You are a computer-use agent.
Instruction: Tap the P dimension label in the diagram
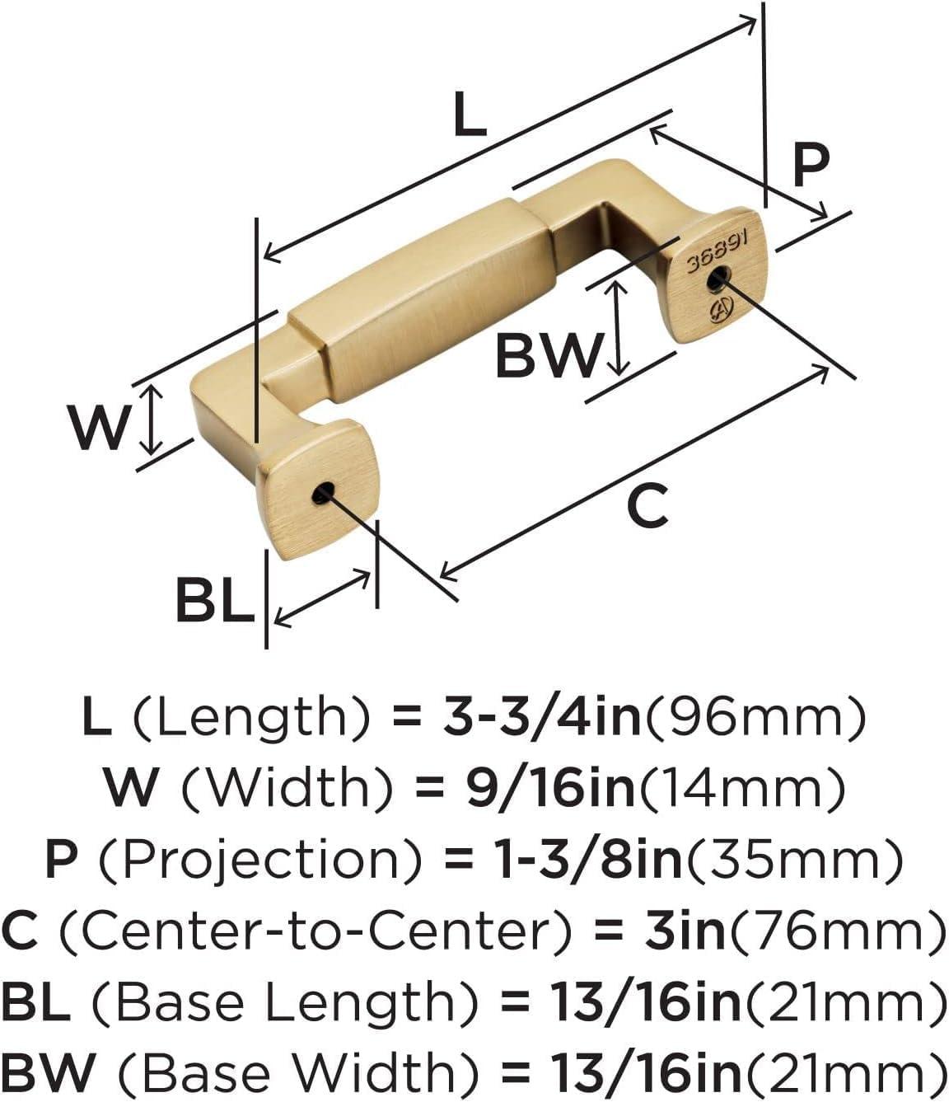(810, 166)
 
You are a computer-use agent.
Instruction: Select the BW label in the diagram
(549, 356)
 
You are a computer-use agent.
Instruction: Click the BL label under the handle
(214, 601)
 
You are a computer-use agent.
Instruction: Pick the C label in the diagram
(647, 506)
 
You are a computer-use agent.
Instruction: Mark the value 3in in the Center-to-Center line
(685, 931)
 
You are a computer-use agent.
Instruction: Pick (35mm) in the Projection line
(796, 859)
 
